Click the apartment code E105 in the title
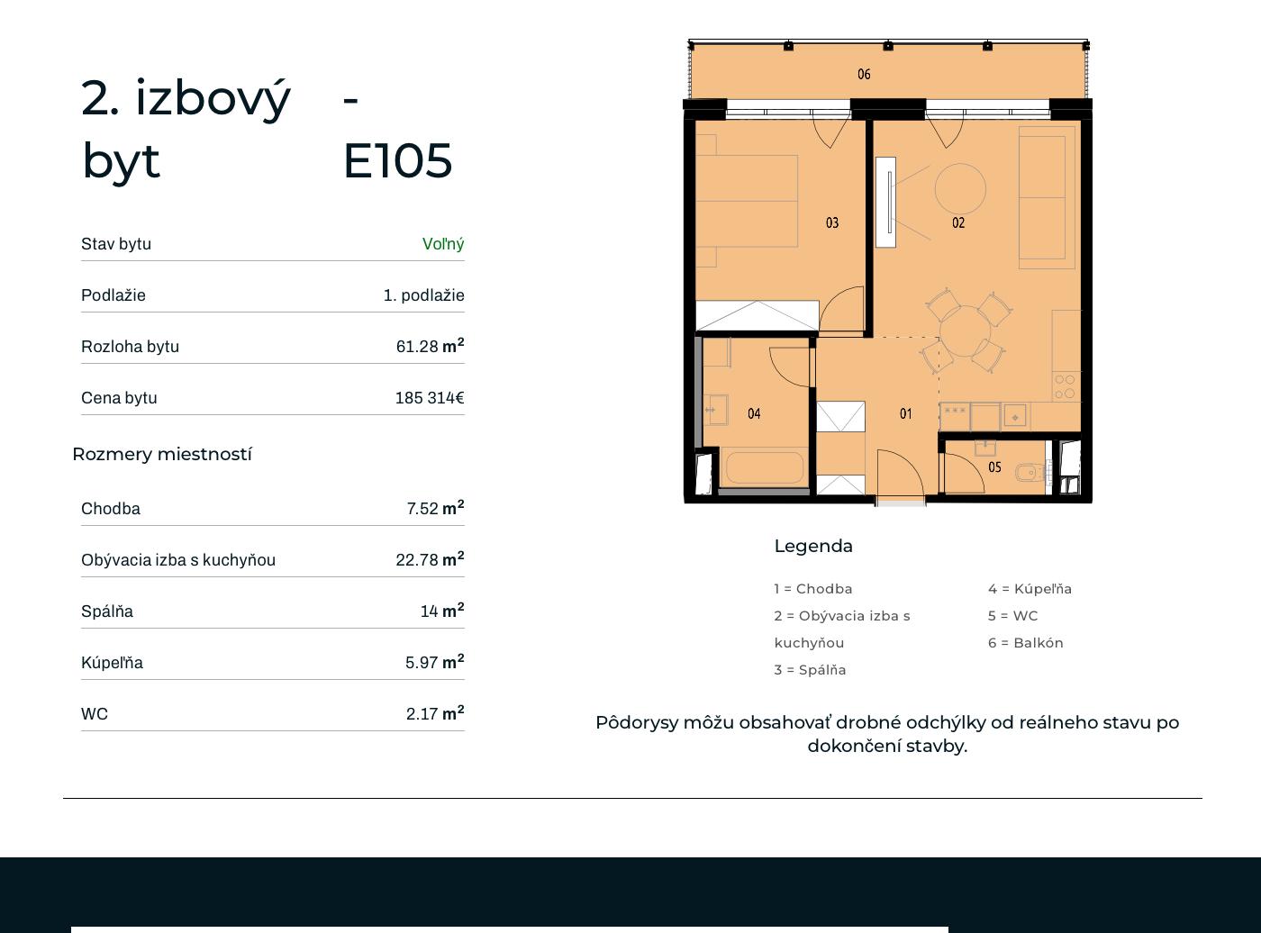coord(398,161)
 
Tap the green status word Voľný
coord(443,244)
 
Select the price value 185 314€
coord(430,398)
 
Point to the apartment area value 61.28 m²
coord(430,346)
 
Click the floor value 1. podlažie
coord(423,295)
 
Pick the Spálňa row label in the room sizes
coord(107,611)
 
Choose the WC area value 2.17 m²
coord(435,713)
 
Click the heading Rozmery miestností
coord(162,454)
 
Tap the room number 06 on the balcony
coord(864,74)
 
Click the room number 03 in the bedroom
coord(831,222)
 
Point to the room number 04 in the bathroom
coord(754,414)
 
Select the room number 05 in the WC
coord(994,467)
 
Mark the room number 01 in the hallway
coord(906,414)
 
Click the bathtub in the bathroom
coord(765,467)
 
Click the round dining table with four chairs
coord(965,331)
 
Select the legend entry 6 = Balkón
coord(1025,643)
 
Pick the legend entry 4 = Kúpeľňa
coord(1030,588)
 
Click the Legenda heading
coord(813,547)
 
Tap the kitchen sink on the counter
coord(1015,417)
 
